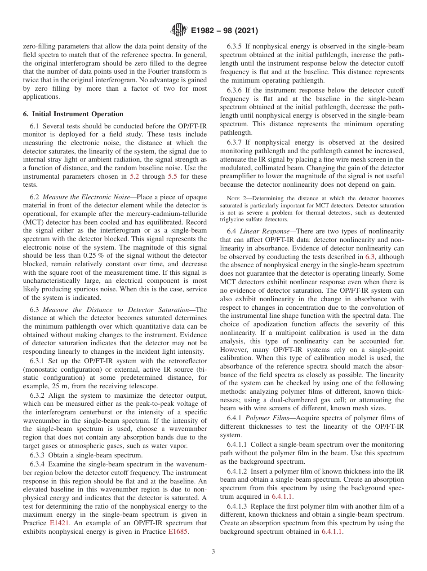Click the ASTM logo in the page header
[178, 31]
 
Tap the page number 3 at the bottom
[213, 551]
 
